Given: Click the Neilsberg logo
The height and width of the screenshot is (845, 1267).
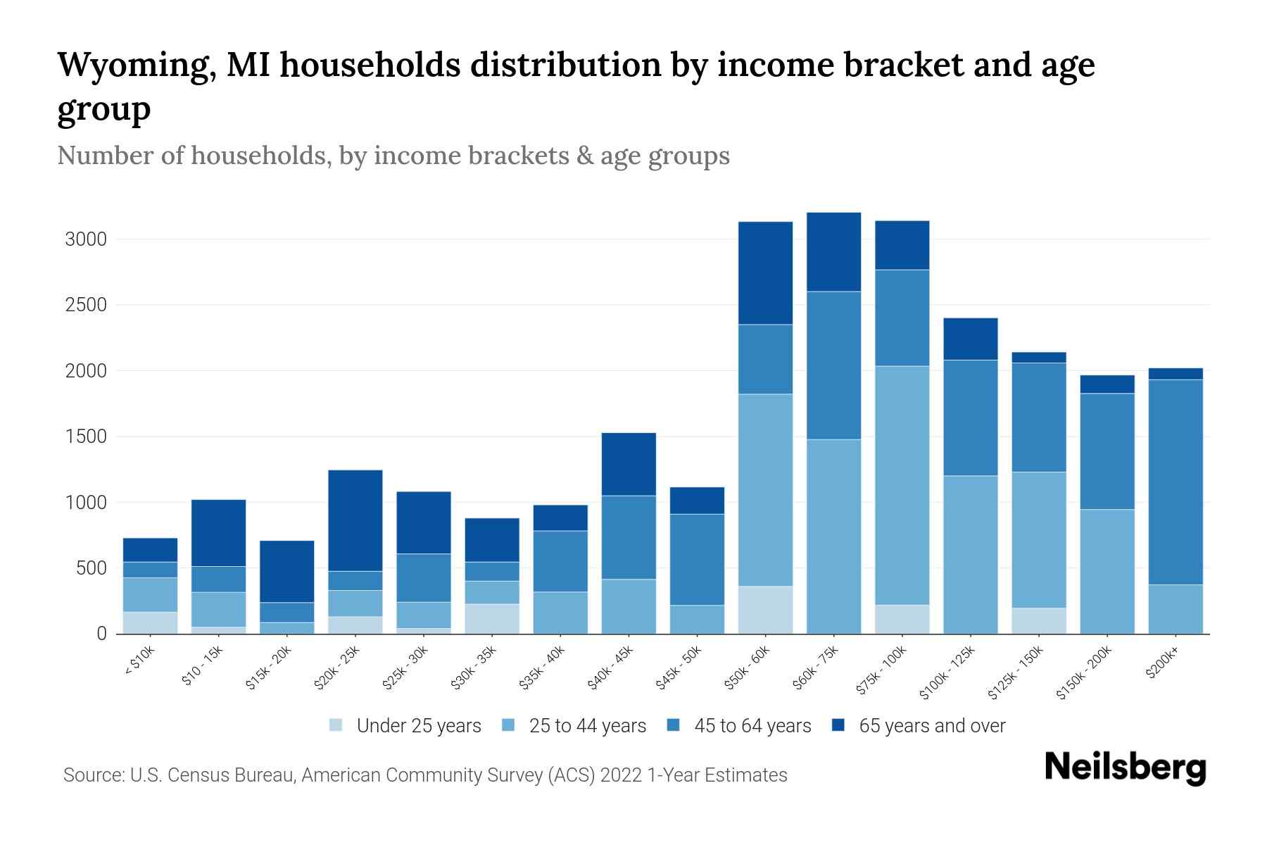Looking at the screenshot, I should coord(1125,768).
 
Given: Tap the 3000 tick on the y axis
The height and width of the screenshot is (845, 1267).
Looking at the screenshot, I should coord(86,239).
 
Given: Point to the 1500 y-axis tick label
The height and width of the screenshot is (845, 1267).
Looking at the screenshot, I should coord(86,437).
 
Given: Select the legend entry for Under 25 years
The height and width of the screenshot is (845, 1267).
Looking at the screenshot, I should coord(405,726).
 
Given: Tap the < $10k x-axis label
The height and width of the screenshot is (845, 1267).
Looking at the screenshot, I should coord(139,663).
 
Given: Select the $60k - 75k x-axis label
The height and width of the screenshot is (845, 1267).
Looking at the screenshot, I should coord(817,668).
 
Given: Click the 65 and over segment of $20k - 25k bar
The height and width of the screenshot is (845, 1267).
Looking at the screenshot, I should coord(355,520).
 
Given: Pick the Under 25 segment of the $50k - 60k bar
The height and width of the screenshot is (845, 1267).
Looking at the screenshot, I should coord(765,610).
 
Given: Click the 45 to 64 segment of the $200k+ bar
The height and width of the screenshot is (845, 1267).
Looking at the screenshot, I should coord(1175,482).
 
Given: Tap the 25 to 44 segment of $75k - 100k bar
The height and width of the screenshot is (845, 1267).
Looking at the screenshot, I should coord(902,485).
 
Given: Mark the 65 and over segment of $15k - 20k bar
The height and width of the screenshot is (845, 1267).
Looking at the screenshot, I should coord(286,571).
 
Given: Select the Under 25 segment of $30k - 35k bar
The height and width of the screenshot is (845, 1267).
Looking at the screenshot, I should coord(492,618).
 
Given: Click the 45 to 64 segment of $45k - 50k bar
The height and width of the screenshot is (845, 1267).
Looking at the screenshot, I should coord(697,559).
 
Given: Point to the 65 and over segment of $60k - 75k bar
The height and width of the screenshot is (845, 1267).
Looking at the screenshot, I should coord(833,251).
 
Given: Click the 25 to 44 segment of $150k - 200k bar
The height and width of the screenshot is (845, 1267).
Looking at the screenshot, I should coord(1107,571).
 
